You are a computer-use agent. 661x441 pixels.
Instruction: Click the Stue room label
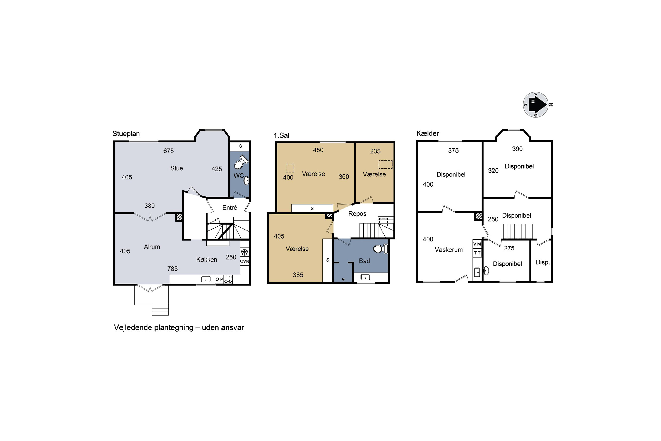coord(176,168)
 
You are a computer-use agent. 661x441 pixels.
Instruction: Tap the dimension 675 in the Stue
coord(168,151)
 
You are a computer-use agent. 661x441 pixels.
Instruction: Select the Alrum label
coord(152,247)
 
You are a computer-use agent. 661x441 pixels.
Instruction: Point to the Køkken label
coord(207,260)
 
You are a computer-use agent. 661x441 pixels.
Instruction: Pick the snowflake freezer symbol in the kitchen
coord(245,252)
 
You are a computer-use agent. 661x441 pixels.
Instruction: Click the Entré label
coord(230,207)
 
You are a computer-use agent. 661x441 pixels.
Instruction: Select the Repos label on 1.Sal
coord(357,213)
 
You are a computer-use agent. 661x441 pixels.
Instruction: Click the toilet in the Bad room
coord(380,249)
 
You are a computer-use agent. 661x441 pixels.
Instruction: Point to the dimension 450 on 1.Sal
coord(318,150)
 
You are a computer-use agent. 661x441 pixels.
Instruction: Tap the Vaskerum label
coord(449,250)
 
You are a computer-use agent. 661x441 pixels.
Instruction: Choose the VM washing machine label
coord(477,244)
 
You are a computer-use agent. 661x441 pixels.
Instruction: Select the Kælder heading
coord(427,133)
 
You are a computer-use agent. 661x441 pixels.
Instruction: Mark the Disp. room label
coord(543,262)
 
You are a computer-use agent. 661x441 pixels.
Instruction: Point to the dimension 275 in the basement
coord(509,248)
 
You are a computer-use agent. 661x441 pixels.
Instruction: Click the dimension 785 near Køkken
coord(172,269)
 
